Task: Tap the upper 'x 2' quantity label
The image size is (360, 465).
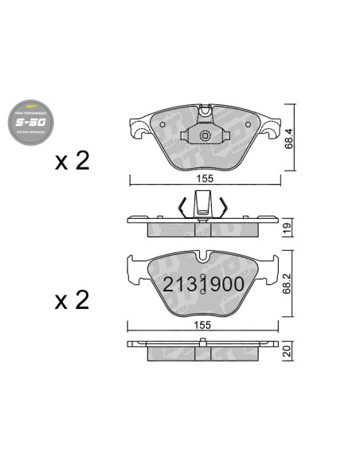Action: [72, 162]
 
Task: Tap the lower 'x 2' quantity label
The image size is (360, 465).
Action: [72, 301]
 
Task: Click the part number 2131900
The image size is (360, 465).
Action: [204, 283]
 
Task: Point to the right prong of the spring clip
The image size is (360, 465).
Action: [225, 206]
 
